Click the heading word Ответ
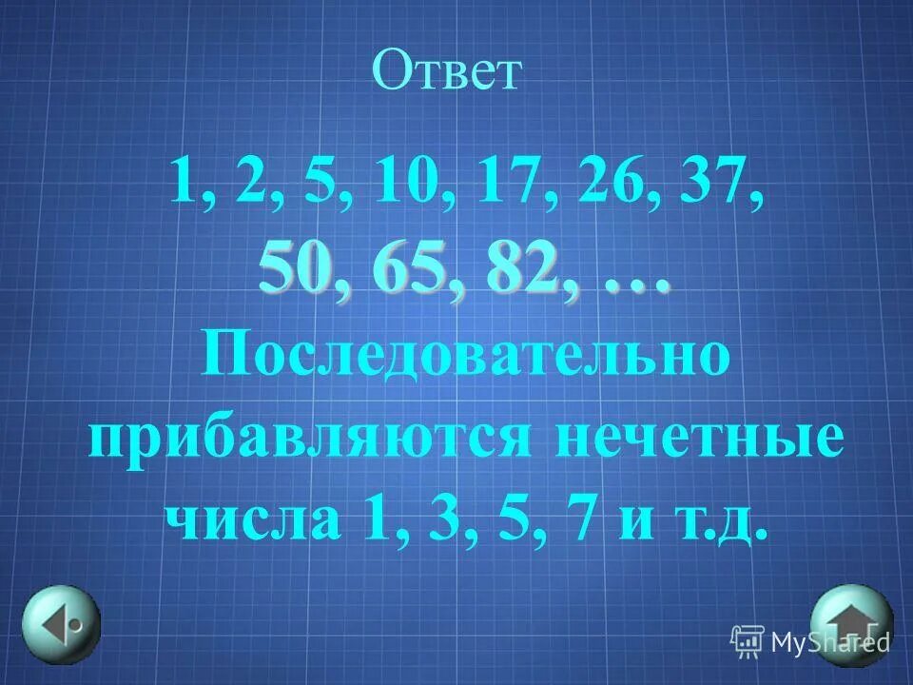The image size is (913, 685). (x=448, y=72)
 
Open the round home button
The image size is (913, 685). (x=851, y=622)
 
